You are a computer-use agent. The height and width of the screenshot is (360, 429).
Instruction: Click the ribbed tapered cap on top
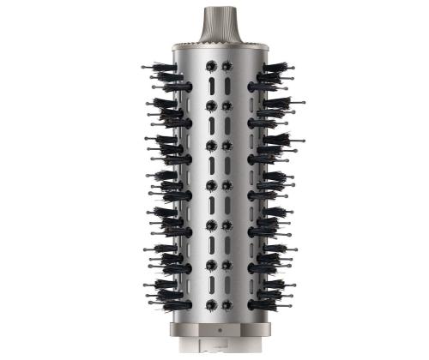[214, 21]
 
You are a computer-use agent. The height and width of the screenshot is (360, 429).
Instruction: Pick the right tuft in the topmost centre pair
[227, 65]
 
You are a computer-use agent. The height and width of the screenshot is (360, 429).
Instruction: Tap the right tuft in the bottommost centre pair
[227, 304]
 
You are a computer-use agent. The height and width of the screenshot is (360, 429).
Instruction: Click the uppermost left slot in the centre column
[209, 85]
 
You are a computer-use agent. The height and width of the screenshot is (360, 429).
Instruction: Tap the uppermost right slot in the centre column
[227, 85]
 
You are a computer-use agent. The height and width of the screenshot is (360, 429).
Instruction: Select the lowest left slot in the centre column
[209, 285]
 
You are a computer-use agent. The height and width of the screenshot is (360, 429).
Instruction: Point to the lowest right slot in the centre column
[227, 285]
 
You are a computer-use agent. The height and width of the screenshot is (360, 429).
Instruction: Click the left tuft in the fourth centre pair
[209, 185]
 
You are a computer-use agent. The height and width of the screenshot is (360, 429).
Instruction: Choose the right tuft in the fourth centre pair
[227, 185]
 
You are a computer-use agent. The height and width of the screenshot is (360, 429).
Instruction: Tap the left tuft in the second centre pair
[209, 105]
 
